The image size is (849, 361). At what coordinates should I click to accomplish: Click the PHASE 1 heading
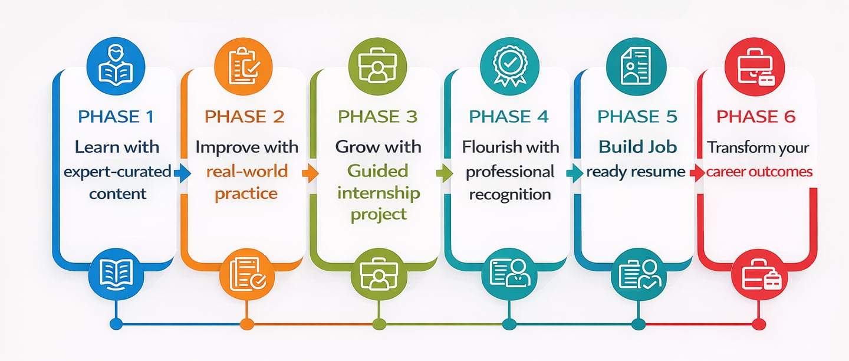tap(116, 117)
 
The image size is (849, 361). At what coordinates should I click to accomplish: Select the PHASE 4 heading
tap(509, 117)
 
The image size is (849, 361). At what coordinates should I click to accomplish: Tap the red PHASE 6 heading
tap(756, 117)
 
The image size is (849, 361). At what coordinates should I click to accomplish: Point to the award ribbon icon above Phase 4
tap(509, 65)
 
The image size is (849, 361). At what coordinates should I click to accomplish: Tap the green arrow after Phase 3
tap(444, 173)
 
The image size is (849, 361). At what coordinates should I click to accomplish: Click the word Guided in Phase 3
tap(378, 171)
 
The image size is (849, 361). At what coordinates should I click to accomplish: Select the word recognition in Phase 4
tap(510, 195)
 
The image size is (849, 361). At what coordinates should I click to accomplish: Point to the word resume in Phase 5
tap(662, 172)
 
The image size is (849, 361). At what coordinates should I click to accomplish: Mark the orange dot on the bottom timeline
tap(247, 324)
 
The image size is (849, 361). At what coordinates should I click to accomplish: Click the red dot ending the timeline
tap(759, 324)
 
